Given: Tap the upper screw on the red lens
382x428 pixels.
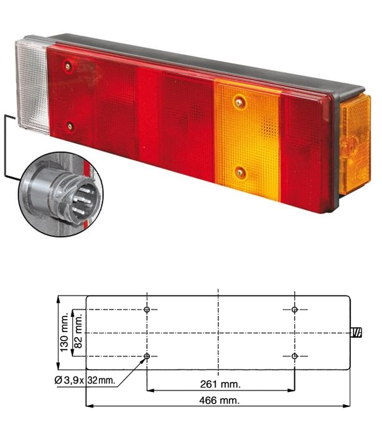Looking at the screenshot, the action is click(x=67, y=66).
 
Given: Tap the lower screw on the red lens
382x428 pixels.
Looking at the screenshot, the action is click(x=70, y=126).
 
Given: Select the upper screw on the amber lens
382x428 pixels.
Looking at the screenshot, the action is click(x=240, y=103).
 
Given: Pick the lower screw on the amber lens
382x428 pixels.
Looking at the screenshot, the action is click(x=240, y=172).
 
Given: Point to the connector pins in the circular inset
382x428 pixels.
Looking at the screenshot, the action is click(x=83, y=200).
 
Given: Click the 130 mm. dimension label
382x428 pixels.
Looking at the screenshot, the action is click(x=64, y=333).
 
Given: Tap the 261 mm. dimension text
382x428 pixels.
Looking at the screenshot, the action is click(x=221, y=384).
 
